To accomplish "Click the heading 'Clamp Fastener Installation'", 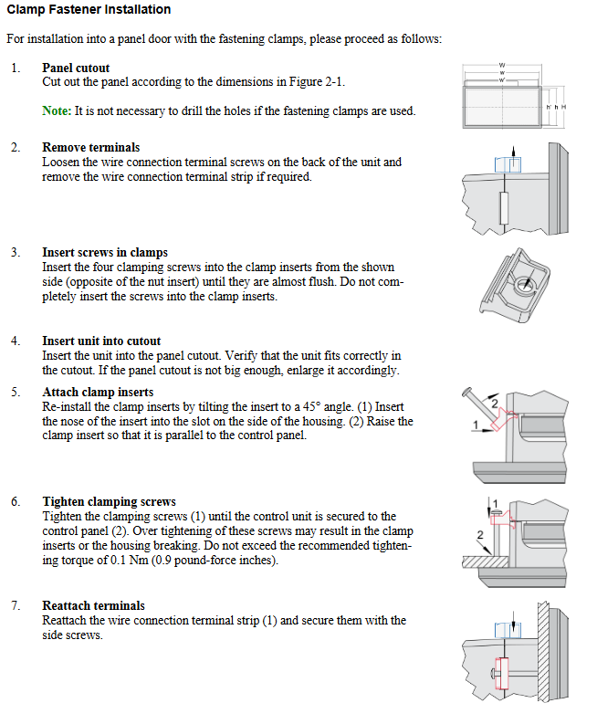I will pyautogui.click(x=89, y=10).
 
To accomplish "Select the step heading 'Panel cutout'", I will pyautogui.click(x=76, y=68).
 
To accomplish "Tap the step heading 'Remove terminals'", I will pyautogui.click(x=90, y=147).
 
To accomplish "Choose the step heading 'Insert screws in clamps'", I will pyautogui.click(x=105, y=252).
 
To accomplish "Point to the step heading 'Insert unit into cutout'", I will pyautogui.click(x=101, y=341).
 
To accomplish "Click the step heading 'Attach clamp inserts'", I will pyautogui.click(x=97, y=392).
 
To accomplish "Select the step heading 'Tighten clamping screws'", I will pyautogui.click(x=109, y=501).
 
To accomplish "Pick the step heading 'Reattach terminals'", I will pyautogui.click(x=93, y=605).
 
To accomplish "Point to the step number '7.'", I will pyautogui.click(x=16, y=605).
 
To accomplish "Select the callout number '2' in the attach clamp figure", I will pyautogui.click(x=495, y=401).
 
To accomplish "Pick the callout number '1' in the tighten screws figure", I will pyautogui.click(x=494, y=503).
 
